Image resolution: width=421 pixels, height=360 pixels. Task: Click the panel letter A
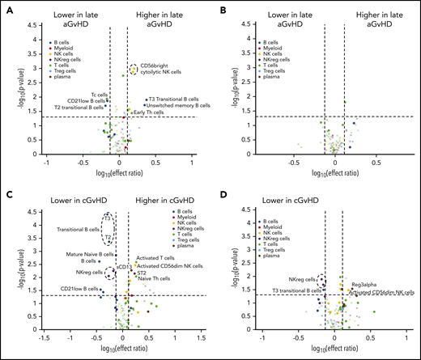(6, 6)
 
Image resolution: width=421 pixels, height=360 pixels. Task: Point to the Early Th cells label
(146, 112)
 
